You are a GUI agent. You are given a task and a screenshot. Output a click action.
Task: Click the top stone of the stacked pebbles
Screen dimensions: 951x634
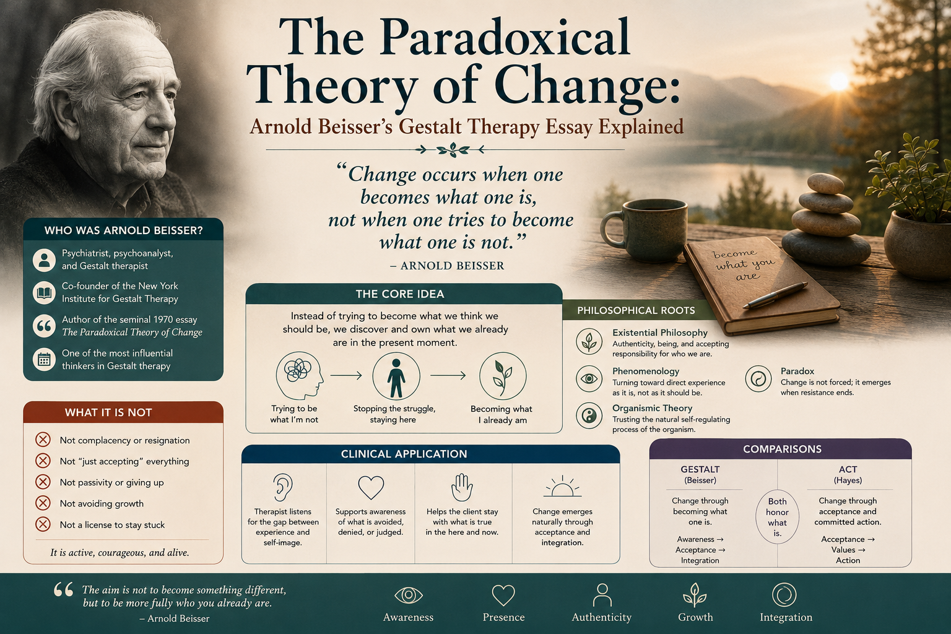point(826,183)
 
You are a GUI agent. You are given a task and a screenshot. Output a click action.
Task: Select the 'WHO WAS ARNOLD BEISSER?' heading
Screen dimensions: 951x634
point(124,230)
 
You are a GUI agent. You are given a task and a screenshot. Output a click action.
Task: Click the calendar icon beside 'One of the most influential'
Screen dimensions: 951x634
point(44,359)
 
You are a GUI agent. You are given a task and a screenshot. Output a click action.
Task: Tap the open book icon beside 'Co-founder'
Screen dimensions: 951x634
point(44,293)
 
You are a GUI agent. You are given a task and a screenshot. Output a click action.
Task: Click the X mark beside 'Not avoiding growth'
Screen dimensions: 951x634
point(43,503)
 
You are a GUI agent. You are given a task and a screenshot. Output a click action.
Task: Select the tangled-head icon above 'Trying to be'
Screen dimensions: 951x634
point(299,375)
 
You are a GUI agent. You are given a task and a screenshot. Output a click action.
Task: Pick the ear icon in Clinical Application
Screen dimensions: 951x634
point(283,487)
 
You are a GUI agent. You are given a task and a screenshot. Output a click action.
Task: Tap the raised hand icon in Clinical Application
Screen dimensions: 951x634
point(461,487)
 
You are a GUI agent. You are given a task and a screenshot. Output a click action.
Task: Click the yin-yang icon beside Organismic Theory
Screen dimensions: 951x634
point(589,415)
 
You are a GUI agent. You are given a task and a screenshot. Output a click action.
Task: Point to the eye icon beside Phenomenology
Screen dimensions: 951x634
point(589,378)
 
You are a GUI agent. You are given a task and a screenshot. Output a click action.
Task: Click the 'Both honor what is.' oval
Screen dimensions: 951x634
point(778,517)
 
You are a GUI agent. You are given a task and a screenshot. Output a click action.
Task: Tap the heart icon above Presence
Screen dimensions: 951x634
point(503,595)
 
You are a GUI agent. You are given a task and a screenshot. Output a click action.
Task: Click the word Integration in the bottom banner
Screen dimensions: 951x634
point(786,617)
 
